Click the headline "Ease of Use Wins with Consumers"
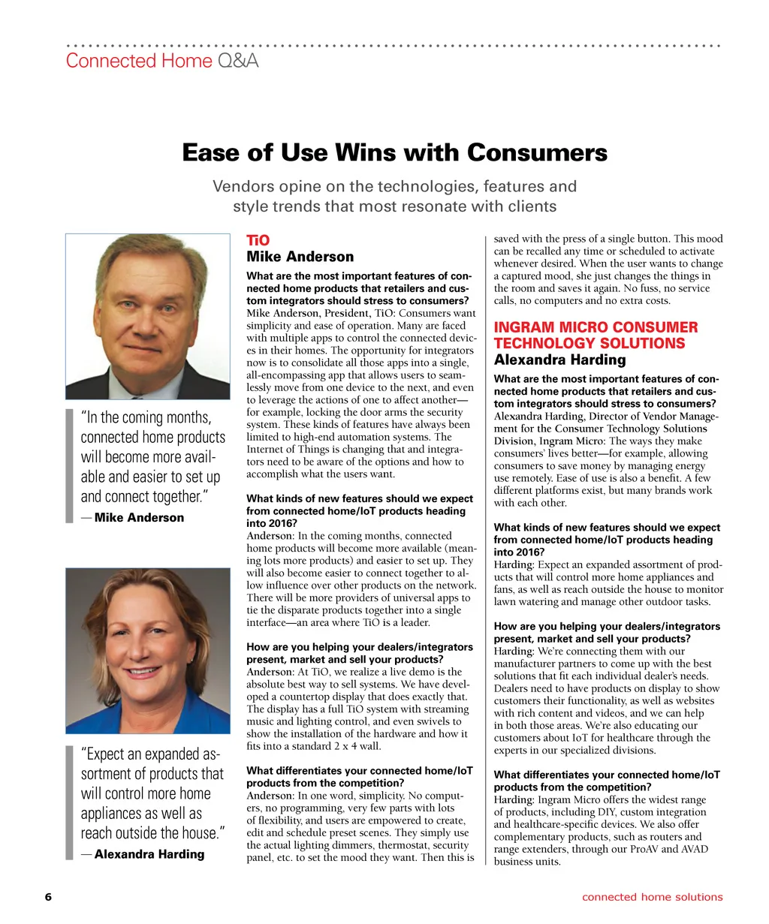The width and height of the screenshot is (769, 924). click(x=394, y=153)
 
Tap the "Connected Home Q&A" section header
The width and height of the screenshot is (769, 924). click(x=162, y=61)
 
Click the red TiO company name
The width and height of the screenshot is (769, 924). click(x=258, y=240)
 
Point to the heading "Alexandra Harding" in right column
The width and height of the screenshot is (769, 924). click(x=559, y=360)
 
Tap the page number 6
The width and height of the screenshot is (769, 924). click(x=48, y=897)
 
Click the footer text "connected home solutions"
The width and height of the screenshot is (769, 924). click(x=652, y=897)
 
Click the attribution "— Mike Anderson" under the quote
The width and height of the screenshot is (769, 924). click(x=132, y=517)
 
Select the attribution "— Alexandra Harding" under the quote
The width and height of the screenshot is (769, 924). click(x=143, y=853)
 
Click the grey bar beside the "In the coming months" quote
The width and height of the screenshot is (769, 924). click(x=69, y=465)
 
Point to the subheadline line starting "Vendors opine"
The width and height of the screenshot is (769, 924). click(x=394, y=186)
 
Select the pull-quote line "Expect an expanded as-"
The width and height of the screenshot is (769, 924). click(x=150, y=754)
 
